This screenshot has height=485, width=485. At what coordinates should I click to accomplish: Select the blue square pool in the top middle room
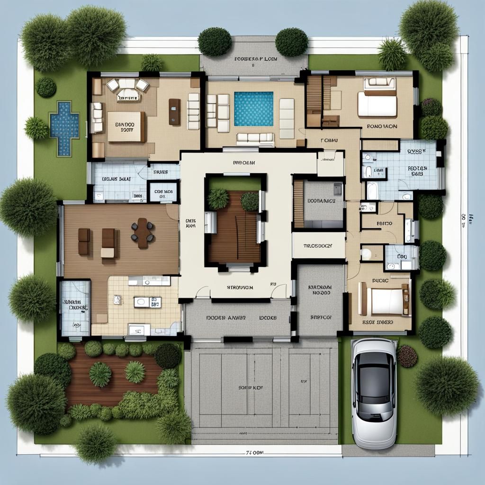tap(253, 108)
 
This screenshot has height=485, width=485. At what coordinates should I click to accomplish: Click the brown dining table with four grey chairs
tap(143, 233)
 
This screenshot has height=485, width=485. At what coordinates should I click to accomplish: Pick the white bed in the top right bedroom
tap(377, 104)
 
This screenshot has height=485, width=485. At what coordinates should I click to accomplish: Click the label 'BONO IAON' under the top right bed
tap(382, 127)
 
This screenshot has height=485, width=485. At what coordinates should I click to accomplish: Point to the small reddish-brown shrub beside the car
tap(407, 356)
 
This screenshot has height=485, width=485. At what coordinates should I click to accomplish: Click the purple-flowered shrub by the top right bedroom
tap(431, 108)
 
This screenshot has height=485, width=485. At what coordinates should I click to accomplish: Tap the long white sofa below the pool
tap(255, 138)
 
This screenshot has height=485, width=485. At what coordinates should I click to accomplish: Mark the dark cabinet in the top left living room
tap(174, 112)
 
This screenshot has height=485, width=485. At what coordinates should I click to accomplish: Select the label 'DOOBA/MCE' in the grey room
tap(321, 200)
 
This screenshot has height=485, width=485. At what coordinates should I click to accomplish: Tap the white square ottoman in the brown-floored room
tap(108, 253)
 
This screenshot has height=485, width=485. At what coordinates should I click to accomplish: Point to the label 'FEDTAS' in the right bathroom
tap(417, 168)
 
